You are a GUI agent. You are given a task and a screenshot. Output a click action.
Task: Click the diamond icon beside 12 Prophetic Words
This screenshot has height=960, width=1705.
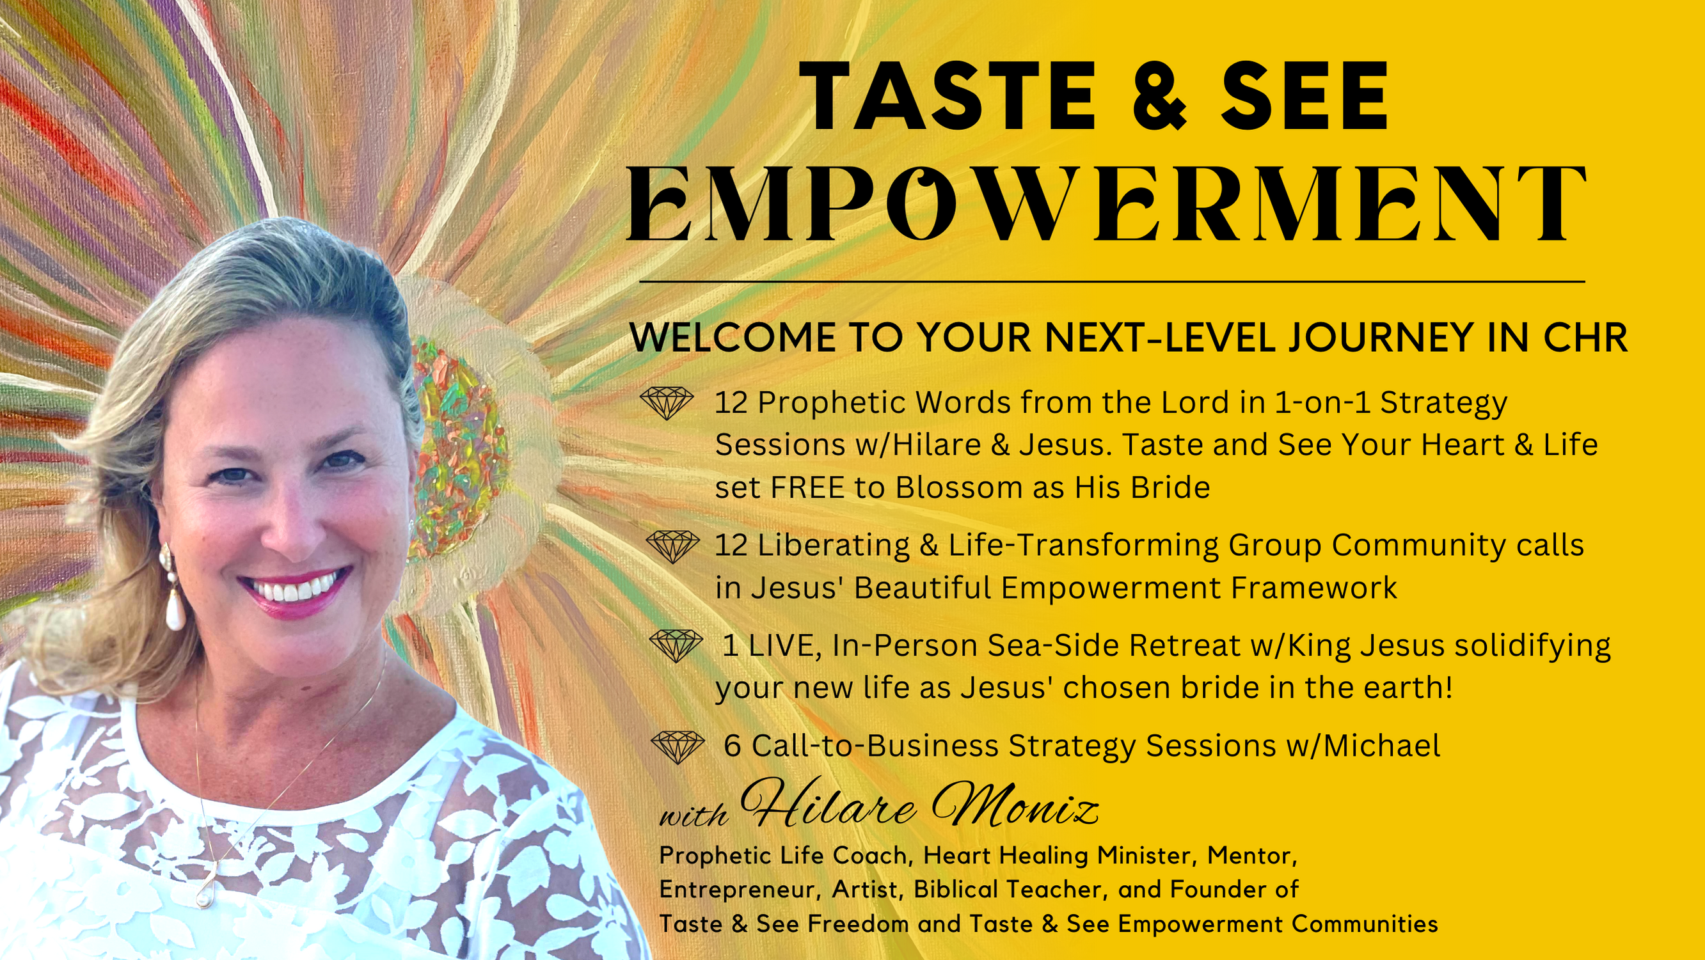coord(667,403)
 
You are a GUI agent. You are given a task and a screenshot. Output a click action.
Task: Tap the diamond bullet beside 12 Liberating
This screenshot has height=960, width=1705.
coord(672,546)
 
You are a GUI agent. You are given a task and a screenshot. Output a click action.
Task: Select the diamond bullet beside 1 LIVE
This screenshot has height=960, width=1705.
coord(676,646)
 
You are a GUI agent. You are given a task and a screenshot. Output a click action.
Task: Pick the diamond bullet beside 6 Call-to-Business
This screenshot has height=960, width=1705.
coord(678,747)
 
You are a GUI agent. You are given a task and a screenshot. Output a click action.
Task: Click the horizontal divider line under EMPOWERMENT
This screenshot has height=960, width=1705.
coord(1112,282)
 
